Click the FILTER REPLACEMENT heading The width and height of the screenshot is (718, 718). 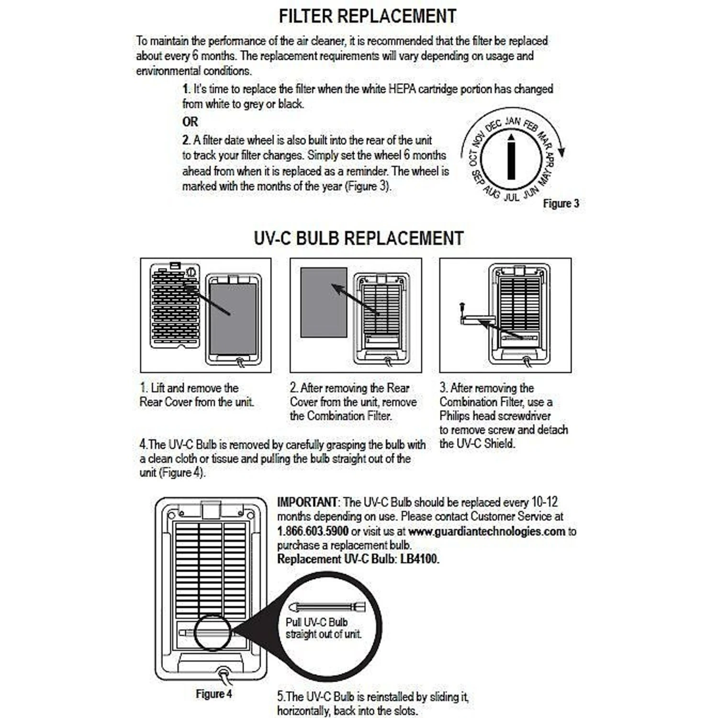click(x=367, y=16)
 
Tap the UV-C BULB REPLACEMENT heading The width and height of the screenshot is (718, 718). click(x=359, y=238)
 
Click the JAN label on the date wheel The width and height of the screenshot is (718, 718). click(x=513, y=121)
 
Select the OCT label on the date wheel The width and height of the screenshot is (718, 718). click(x=473, y=157)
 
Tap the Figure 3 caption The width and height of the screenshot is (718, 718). click(x=561, y=203)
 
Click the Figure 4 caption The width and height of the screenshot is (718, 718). click(x=213, y=694)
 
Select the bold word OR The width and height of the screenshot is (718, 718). click(x=190, y=122)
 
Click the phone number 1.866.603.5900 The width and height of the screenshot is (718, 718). click(x=313, y=531)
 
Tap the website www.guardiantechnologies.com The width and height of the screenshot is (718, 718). click(x=487, y=531)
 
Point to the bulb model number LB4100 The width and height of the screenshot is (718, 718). click(x=419, y=559)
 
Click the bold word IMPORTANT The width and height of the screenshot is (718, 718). click(x=307, y=502)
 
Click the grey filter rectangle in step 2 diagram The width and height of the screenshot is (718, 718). click(x=324, y=303)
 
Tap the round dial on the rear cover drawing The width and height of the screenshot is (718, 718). click(x=191, y=272)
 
